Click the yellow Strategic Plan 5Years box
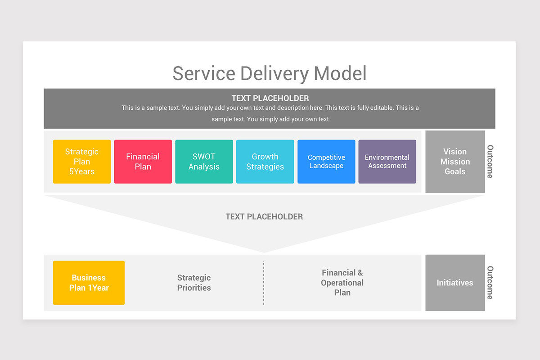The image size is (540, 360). pos(81,162)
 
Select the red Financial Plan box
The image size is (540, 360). pos(143,162)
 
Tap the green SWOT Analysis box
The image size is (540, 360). pos(204,162)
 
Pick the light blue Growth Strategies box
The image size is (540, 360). pos(265,162)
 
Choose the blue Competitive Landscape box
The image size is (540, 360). pos(326,162)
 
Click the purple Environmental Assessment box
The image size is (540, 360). pos(387,162)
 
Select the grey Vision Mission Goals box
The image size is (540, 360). pos(455,162)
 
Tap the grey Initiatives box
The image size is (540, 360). pos(455,283)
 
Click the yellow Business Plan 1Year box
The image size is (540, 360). pos(89,283)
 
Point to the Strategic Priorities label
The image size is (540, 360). pos(194,283)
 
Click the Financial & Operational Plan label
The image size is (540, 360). pos(342,283)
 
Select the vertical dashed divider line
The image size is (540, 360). pos(264,283)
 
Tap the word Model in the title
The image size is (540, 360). pos(340,73)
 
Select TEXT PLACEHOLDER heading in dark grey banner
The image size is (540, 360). pos(270,98)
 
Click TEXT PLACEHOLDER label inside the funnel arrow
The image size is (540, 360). pos(264,216)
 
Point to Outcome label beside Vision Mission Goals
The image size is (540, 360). pos(490,162)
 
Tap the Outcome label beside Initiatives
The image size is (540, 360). pos(490,283)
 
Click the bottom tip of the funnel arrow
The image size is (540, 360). pos(264,252)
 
